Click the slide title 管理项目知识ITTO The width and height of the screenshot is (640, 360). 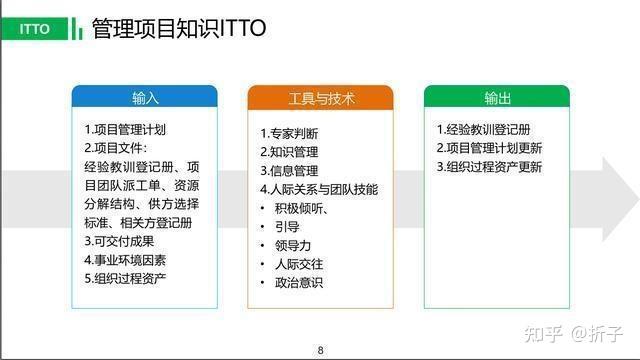tap(178, 28)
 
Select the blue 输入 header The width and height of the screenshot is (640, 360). tap(145, 98)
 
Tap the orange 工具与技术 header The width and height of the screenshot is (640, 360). tap(320, 98)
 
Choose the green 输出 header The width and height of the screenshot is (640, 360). tap(496, 98)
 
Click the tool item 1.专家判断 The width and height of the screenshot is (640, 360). tap(289, 134)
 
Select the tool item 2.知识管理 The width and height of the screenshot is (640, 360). tap(289, 152)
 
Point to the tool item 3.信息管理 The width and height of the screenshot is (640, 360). tap(289, 171)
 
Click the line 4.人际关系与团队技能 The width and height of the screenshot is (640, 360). tap(319, 189)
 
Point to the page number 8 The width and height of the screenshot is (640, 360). tap(320, 349)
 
